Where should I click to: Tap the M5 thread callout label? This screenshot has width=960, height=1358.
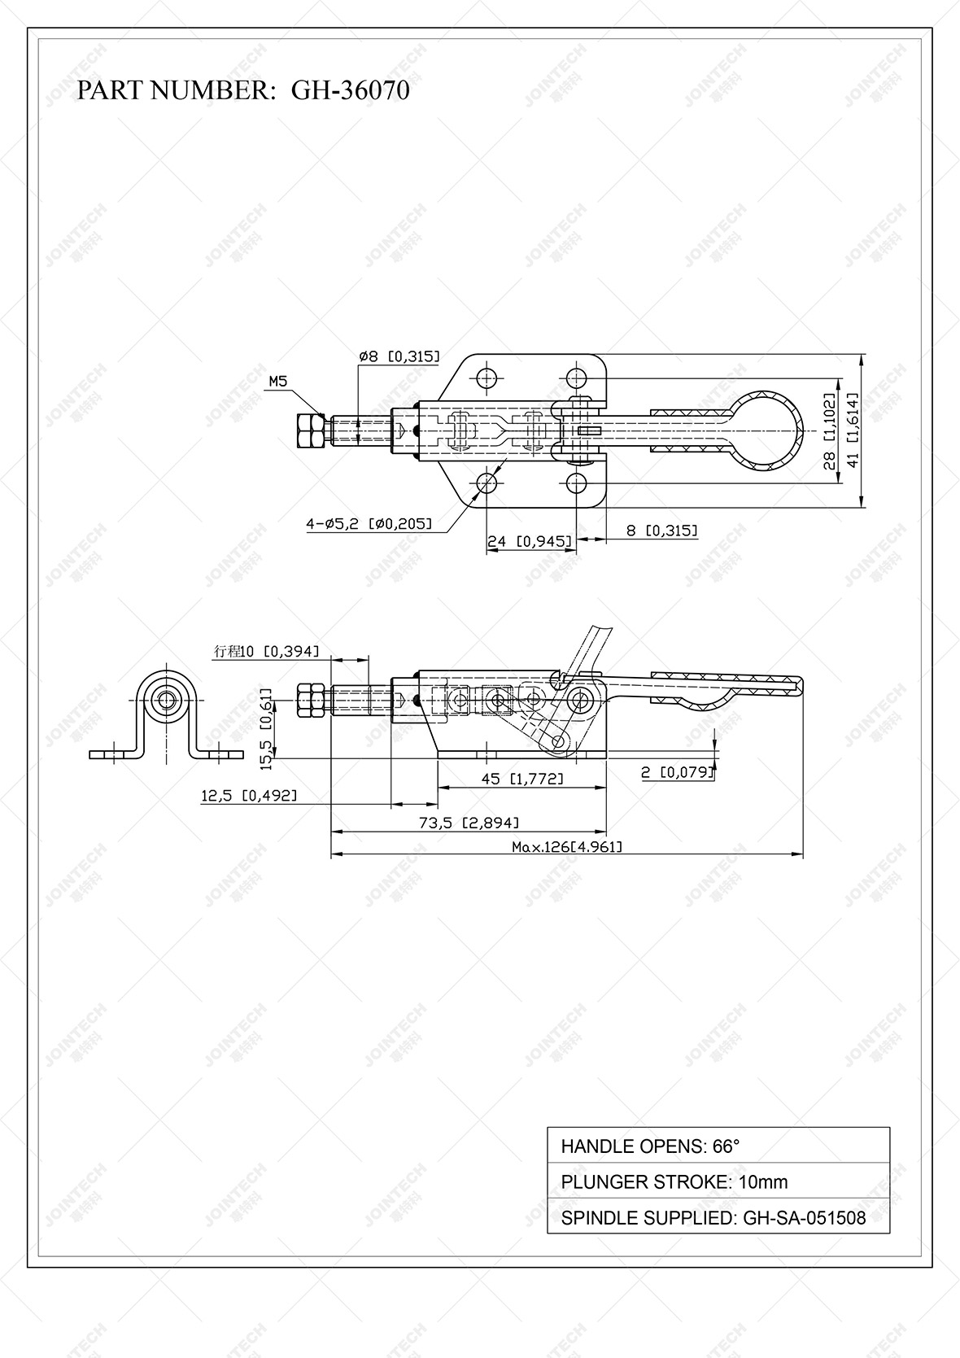coord(278,381)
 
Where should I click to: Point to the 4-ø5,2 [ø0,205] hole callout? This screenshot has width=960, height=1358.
coord(369,524)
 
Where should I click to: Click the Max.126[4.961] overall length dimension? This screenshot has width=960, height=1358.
coord(567,847)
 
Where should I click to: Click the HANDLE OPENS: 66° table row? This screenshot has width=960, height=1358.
coord(718,1146)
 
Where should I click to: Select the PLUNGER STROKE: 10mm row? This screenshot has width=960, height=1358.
coord(718,1181)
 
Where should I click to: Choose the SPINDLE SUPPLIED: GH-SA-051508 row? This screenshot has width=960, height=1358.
coord(718,1217)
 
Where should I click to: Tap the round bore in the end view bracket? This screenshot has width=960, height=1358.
coord(168,700)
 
